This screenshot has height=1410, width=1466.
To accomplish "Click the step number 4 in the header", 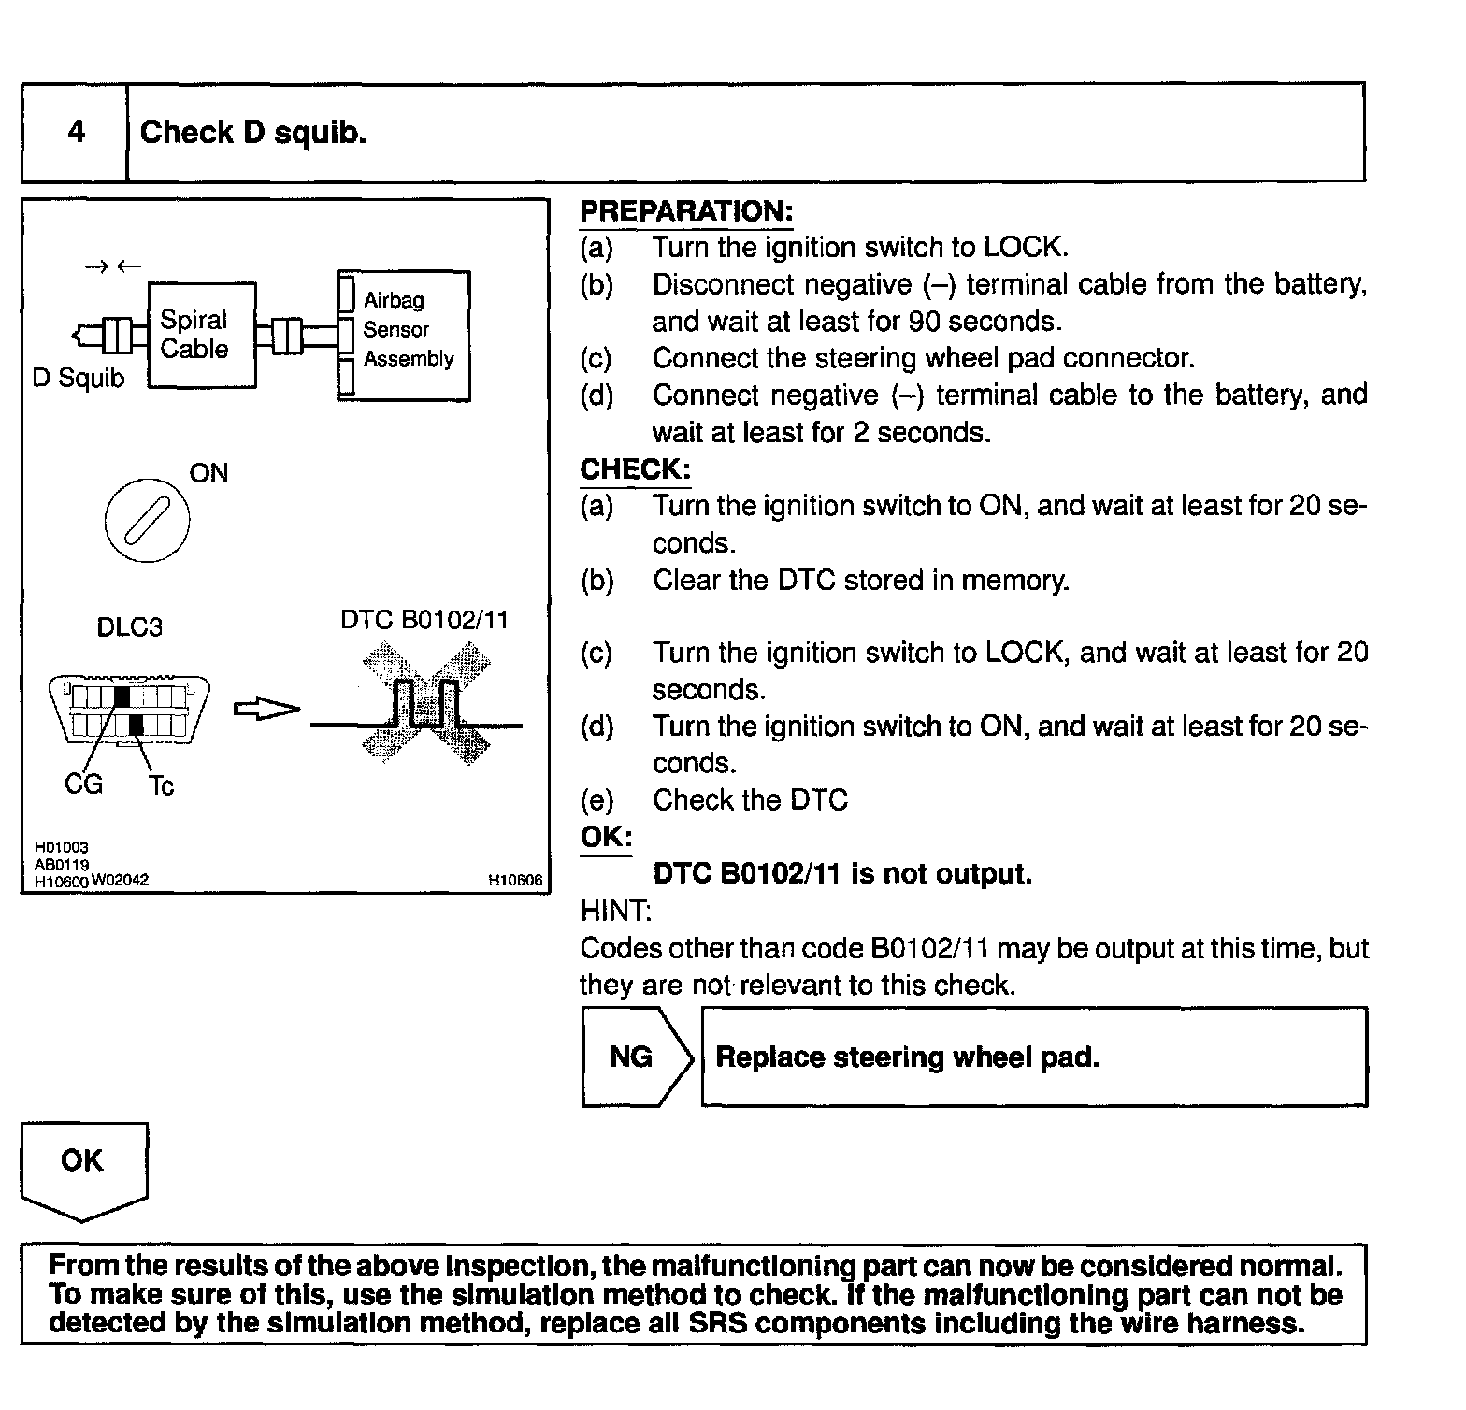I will (76, 132).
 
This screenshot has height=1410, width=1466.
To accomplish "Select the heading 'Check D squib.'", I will (252, 133).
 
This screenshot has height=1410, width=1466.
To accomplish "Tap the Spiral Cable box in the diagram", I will (202, 334).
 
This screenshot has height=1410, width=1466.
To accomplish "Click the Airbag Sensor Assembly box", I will (404, 336).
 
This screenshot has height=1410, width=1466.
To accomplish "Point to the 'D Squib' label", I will (78, 379).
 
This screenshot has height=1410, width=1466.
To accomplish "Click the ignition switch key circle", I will (147, 520).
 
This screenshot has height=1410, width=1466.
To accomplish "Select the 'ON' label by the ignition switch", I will (208, 473).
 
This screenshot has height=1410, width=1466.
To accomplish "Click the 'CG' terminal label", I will (83, 784).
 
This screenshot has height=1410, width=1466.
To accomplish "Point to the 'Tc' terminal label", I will (161, 786).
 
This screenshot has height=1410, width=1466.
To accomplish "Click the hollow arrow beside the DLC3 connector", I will (266, 711).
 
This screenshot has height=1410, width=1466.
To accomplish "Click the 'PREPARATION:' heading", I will (686, 212).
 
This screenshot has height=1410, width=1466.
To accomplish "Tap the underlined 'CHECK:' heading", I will (635, 469).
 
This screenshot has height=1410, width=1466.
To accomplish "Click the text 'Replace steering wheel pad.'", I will (907, 1057).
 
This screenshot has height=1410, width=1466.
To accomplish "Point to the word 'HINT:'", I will (615, 911).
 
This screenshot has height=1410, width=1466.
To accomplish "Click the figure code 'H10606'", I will (515, 880).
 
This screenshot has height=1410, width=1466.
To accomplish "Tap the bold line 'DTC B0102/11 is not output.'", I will (841, 874).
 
